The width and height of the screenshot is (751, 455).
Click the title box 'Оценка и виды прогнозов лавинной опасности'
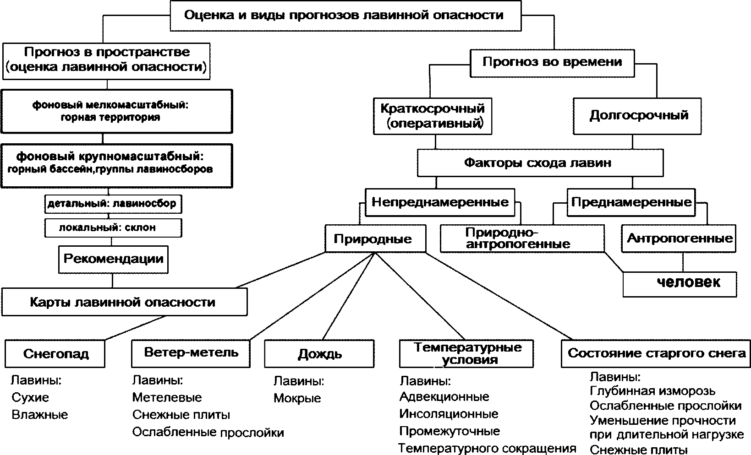pyautogui.click(x=345, y=16)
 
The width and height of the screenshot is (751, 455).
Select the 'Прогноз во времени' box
pyautogui.click(x=552, y=62)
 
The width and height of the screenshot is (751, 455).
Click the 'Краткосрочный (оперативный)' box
pyautogui.click(x=433, y=115)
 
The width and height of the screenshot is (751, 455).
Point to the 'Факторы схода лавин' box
pyautogui.click(x=539, y=163)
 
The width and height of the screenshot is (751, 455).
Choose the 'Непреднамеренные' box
pyautogui.click(x=440, y=202)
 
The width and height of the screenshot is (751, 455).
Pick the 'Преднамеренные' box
pyautogui.click(x=631, y=202)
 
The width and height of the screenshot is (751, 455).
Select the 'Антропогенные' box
pyautogui.click(x=679, y=238)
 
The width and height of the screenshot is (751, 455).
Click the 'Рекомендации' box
pyautogui.click(x=113, y=259)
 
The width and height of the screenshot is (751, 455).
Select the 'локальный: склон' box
pyautogui.click(x=113, y=227)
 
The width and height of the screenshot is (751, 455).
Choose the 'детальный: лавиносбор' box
pyautogui.click(x=113, y=204)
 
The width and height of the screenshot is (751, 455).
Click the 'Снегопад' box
pyautogui.click(x=55, y=353)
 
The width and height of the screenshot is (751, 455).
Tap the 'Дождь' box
pyautogui.click(x=319, y=353)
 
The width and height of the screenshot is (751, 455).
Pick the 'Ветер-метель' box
pyautogui.click(x=191, y=353)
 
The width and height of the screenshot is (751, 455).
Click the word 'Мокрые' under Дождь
pyautogui.click(x=297, y=398)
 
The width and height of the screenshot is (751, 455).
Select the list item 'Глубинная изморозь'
pyautogui.click(x=652, y=391)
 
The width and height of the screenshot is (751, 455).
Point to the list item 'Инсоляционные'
pyautogui.click(x=449, y=414)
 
